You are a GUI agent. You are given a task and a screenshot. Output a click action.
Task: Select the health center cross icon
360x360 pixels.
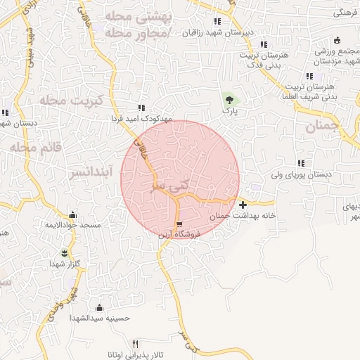(243, 205)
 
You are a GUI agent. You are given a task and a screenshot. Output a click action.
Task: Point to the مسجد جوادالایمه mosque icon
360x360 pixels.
(72, 214)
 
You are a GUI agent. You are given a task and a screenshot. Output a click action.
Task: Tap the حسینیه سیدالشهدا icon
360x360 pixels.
(99, 307)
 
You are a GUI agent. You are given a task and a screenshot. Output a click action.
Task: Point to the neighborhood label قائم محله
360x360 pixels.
(36, 148)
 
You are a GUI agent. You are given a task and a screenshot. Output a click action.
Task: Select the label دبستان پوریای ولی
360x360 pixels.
(307, 173)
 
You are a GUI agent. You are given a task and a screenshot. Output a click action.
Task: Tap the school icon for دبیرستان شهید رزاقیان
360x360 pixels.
(217, 22)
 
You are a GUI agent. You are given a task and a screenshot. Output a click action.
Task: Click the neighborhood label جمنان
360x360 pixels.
(323, 126)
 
